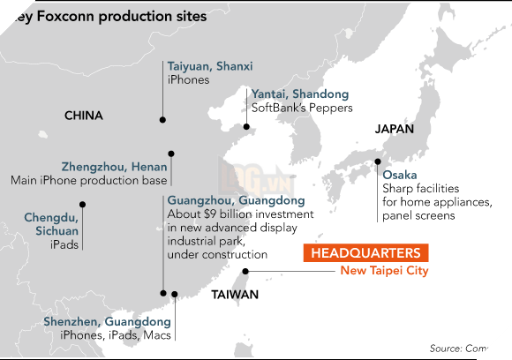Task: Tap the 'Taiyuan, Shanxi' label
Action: pos(210,66)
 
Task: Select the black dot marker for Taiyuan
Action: pos(163,119)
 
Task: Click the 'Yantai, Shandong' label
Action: pos(300,94)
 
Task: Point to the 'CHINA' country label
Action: pos(84,116)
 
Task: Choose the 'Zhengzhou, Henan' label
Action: pos(114,166)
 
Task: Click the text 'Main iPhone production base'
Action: pos(88,180)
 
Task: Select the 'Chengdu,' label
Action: pos(51,216)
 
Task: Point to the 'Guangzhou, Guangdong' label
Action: pos(236,200)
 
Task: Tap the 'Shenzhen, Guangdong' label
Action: pos(107,322)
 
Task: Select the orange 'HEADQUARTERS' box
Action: pos(365,252)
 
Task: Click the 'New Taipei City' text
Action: pos(384,271)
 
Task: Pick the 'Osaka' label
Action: pos(400,175)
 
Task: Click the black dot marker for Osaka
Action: pos(379,161)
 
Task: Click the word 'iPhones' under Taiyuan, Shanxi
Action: pos(188,79)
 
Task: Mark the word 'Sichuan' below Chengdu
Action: pos(56,229)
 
